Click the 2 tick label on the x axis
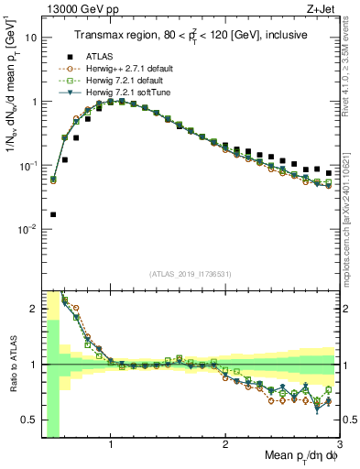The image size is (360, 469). (225, 444)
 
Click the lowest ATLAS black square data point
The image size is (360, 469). (53, 215)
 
